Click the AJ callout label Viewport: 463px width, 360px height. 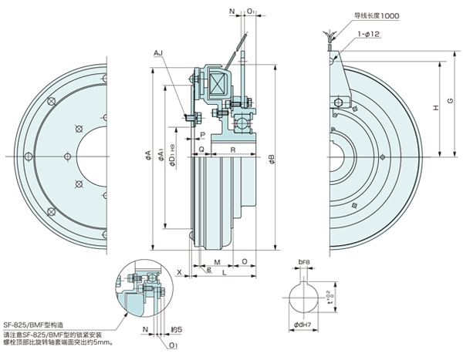(x=158, y=52)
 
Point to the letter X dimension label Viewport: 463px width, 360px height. (x=178, y=272)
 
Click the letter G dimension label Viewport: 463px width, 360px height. (x=451, y=103)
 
